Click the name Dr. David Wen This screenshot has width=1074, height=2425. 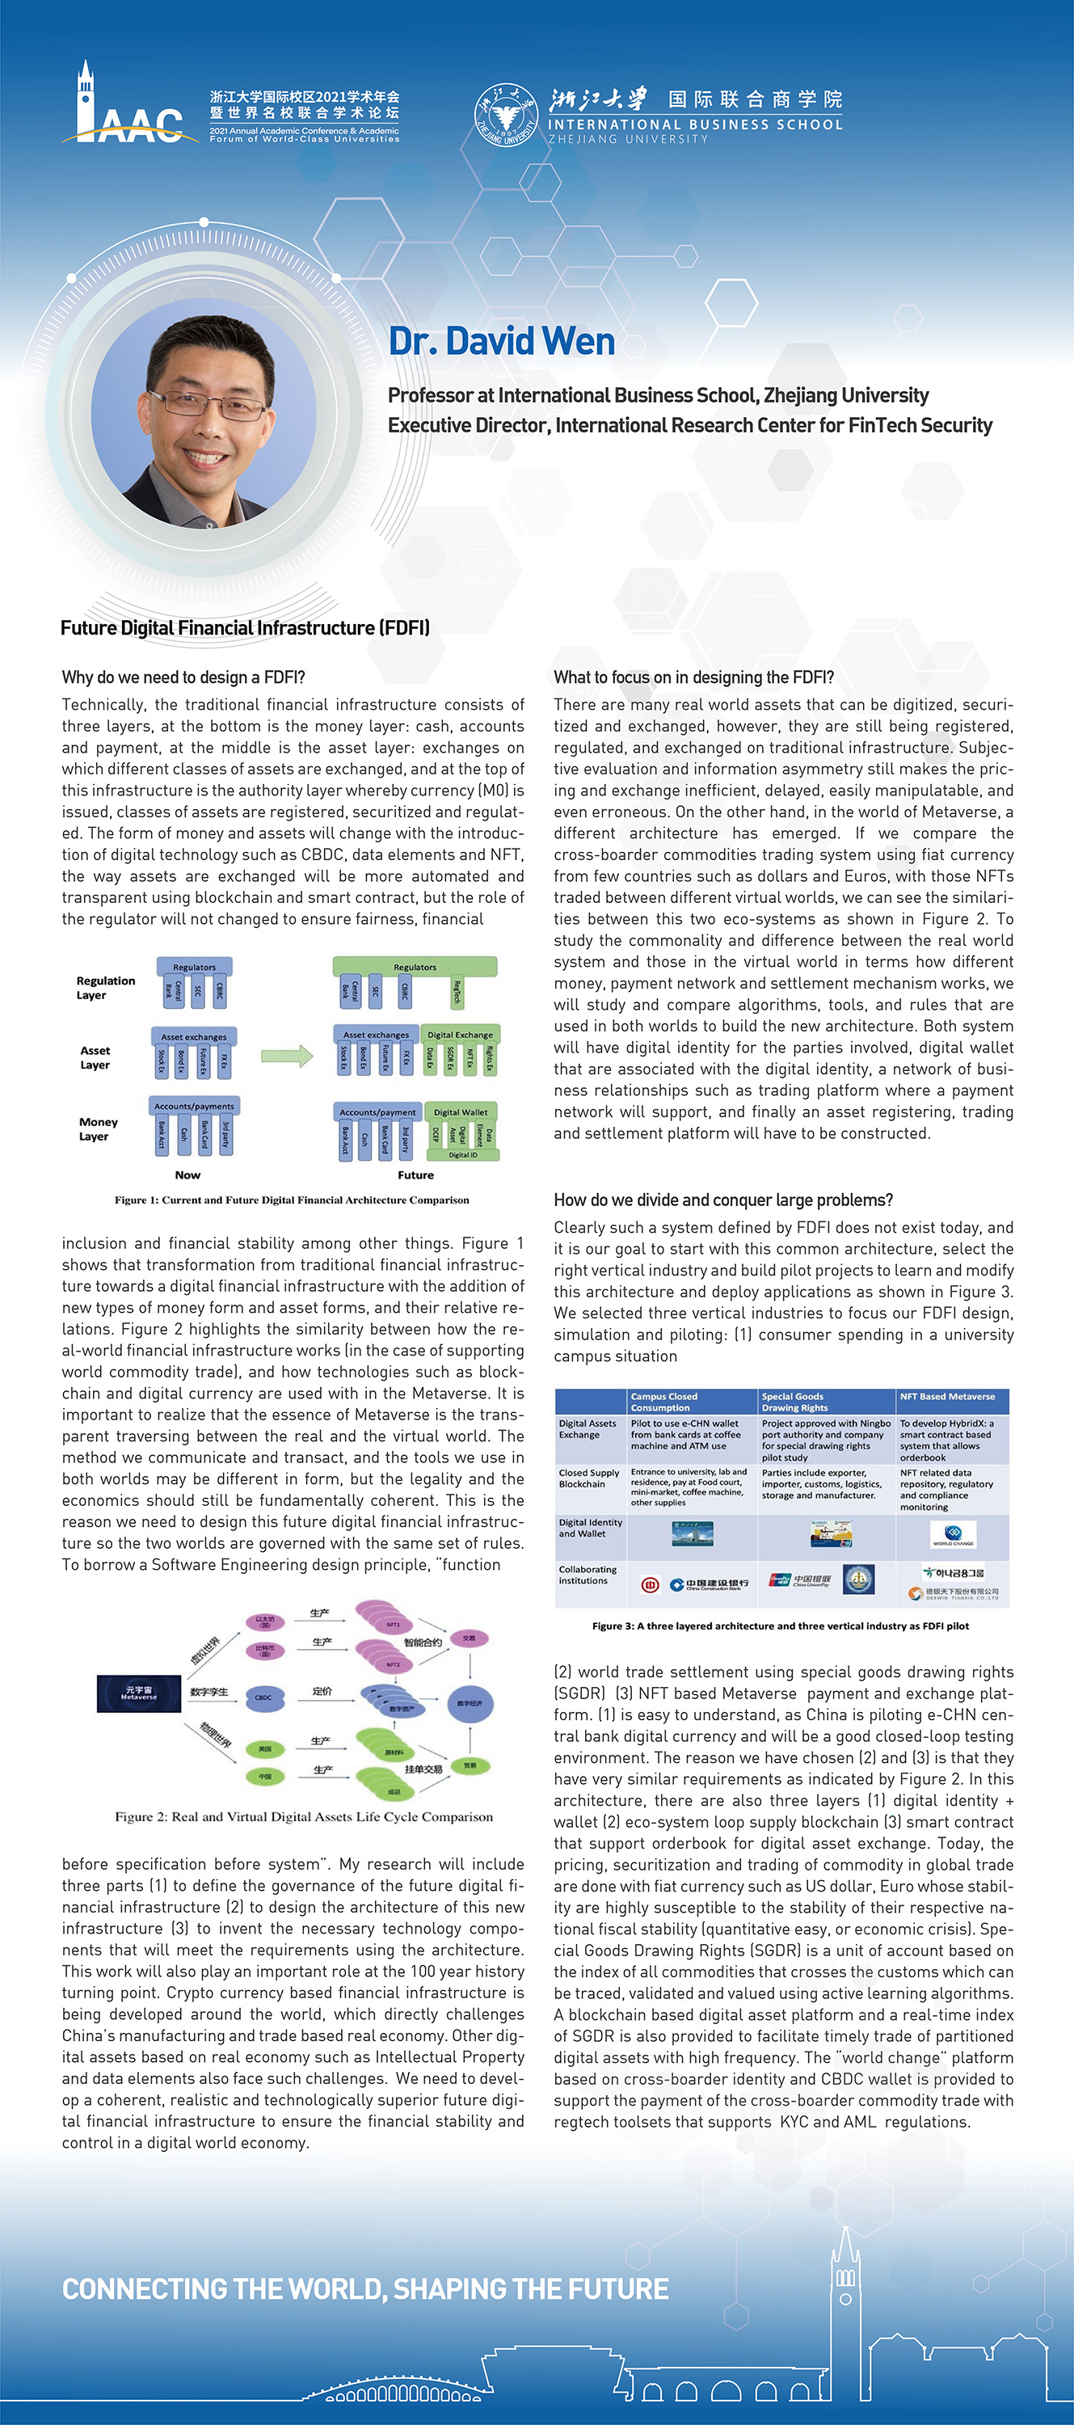[x=502, y=342]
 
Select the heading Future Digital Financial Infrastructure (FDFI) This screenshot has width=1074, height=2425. [x=245, y=628]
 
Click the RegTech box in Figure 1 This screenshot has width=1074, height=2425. [x=457, y=991]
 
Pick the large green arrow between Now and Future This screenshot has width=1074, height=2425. [x=286, y=1056]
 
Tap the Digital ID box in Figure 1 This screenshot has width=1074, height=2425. [x=462, y=1154]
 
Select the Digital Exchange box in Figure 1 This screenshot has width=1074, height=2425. [x=461, y=1035]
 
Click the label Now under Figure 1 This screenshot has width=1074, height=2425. [x=187, y=1175]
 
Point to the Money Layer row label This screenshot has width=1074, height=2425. [x=98, y=1128]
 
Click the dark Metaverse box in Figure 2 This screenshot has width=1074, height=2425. [x=138, y=1693]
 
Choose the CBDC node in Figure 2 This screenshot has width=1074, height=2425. [x=263, y=1697]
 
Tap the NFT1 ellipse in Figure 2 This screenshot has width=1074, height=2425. [x=393, y=1625]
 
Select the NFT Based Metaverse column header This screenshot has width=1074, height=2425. [x=947, y=1397]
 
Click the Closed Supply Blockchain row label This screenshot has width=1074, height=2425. [x=589, y=1478]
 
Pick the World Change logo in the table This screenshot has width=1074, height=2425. [x=953, y=1534]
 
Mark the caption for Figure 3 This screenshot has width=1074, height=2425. [x=781, y=1626]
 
